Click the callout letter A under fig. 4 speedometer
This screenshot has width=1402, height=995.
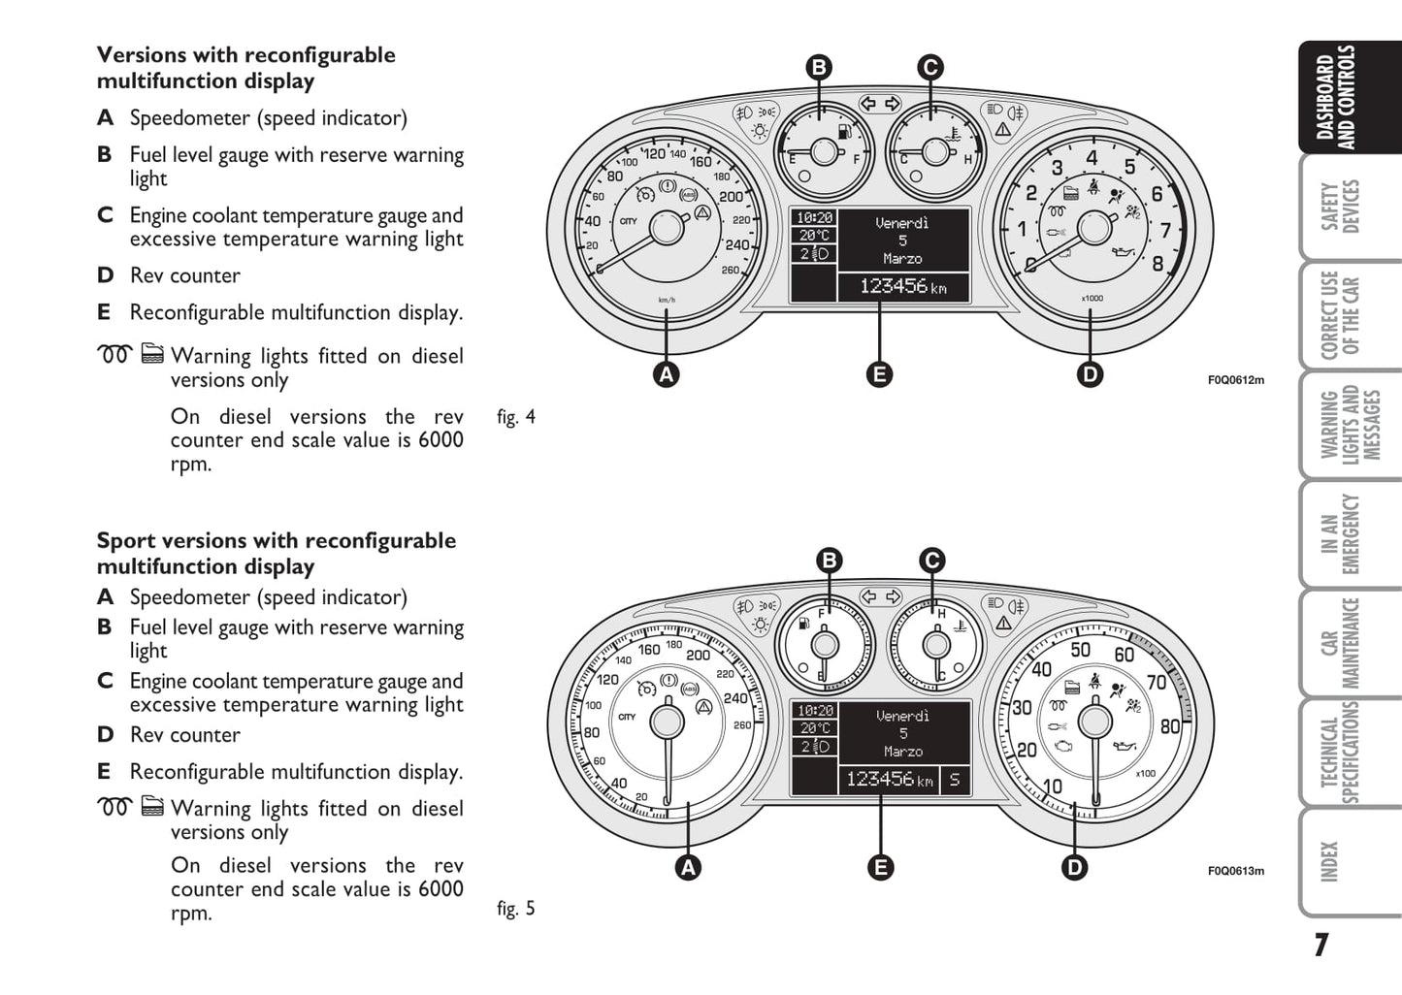tap(666, 374)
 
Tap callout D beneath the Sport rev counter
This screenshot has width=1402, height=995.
tap(1074, 867)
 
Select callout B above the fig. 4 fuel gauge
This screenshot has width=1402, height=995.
tap(819, 67)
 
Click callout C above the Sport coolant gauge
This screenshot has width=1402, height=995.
tap(931, 561)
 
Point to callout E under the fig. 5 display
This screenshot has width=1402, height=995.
tap(880, 867)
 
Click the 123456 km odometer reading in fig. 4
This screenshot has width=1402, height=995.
tap(902, 286)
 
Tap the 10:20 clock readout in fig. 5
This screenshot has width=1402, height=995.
tap(815, 711)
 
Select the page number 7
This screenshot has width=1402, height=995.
tap(1320, 945)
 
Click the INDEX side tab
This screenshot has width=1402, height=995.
tap(1330, 861)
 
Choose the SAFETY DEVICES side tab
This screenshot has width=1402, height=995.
tap(1340, 207)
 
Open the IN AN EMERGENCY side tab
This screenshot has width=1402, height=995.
tap(1340, 534)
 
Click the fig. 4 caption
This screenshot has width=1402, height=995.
tap(515, 417)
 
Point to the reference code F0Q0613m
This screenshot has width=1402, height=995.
tap(1235, 871)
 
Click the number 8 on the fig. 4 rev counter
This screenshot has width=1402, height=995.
tap(1157, 263)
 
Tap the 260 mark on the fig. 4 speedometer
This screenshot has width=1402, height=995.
tap(731, 270)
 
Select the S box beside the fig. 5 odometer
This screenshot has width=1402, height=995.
tap(955, 779)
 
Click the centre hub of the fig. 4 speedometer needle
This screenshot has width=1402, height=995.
tap(667, 228)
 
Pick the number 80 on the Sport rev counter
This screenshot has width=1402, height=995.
tap(1169, 726)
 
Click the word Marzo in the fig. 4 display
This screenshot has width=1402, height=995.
tap(902, 259)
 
